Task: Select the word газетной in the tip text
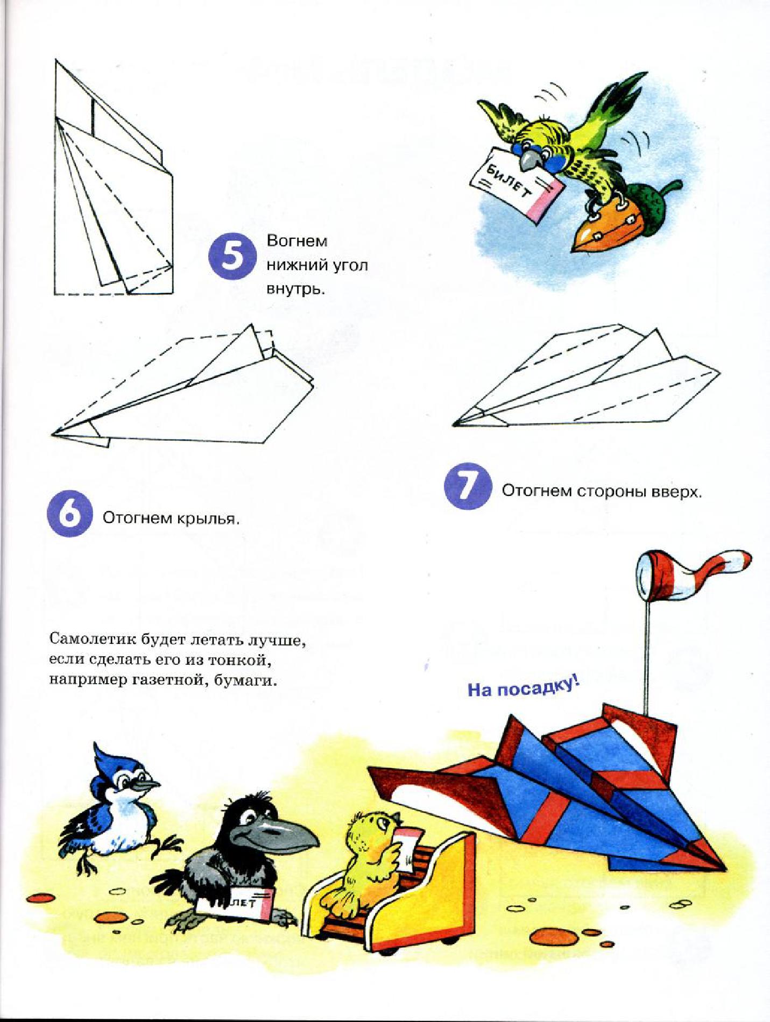167,680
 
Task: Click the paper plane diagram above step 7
587,377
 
